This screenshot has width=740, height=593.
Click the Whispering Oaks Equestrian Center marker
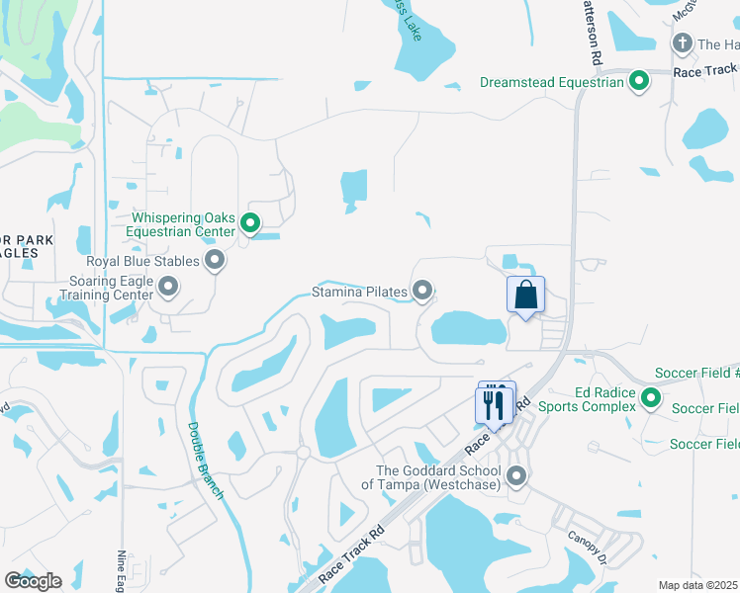click(250, 224)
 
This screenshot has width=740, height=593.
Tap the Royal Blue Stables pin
click(215, 262)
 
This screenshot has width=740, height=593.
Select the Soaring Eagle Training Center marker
click(168, 288)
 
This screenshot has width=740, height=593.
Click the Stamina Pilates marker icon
click(423, 291)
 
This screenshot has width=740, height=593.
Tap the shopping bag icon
click(525, 296)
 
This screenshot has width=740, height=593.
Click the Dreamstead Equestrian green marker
click(639, 82)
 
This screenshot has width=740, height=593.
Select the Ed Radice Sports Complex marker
click(650, 398)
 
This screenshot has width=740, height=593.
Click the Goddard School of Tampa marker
click(516, 477)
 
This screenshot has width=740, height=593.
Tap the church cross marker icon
click(682, 43)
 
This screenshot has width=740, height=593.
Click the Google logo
click(33, 581)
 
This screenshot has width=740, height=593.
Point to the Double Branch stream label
click(205, 461)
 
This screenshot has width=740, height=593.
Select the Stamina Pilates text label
click(359, 292)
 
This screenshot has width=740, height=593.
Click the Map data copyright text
click(698, 585)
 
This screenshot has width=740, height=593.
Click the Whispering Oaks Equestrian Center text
click(185, 224)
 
